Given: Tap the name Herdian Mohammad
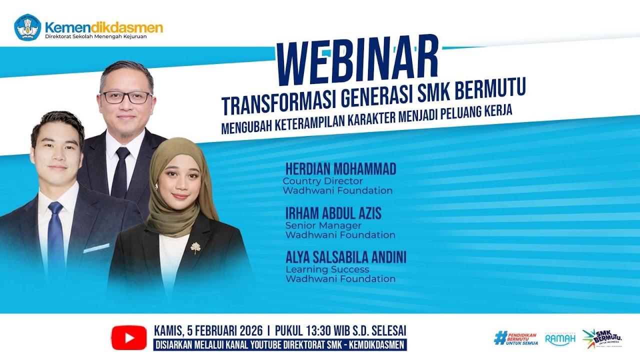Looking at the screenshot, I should point(340,169).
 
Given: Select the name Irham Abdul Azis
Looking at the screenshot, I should point(333,214).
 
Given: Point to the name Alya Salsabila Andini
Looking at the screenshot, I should point(345,258).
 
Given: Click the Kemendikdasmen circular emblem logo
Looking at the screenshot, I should point(27,27).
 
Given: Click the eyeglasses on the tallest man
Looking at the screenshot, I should point(126,97).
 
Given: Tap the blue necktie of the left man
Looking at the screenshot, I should point(55,240).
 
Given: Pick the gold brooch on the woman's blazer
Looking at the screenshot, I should point(195,247).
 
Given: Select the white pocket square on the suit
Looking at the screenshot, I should point(96,248).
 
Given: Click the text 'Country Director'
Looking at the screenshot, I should point(322,181).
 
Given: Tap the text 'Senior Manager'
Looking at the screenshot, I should point(323,225).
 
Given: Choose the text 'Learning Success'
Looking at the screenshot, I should point(327,269).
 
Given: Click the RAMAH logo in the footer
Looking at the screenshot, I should point(560,338).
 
